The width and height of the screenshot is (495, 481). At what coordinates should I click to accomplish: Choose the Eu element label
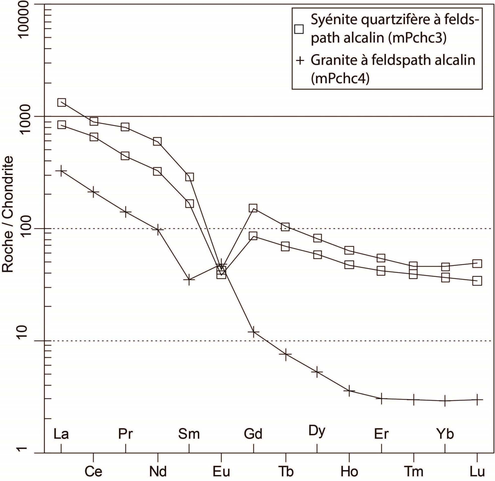coord(221,471)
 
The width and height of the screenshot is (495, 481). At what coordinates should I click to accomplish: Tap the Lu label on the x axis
coord(477,471)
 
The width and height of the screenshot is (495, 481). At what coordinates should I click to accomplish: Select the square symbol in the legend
coord(299,29)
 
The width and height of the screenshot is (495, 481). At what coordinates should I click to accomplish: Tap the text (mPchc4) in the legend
coord(340,79)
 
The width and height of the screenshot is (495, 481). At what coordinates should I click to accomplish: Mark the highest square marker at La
coord(62,102)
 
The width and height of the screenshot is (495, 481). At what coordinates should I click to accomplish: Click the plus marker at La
coord(61,171)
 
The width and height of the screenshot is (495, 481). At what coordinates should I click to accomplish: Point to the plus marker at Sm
coord(189,279)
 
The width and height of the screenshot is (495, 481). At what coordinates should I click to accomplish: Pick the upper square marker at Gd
coord(253,208)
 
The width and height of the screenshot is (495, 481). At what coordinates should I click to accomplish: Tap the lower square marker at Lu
coord(477,281)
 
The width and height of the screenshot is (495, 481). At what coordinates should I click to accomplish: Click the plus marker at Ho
coord(349,391)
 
